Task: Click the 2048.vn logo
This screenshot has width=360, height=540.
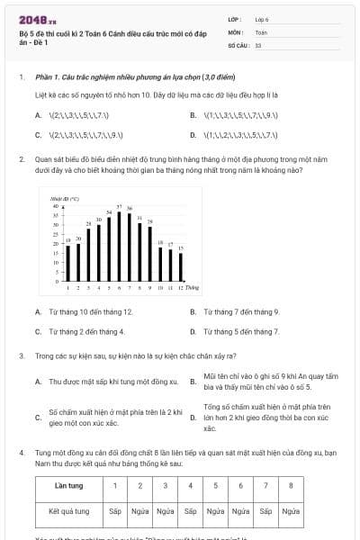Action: [x=37, y=17]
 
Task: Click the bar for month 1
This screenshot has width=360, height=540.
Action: [x=68, y=262]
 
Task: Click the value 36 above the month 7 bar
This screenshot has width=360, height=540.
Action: [x=130, y=208]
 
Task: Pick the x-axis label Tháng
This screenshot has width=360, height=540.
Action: [x=193, y=287]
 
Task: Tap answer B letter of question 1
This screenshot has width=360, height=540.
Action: [x=193, y=115]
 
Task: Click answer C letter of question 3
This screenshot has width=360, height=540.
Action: [x=38, y=418]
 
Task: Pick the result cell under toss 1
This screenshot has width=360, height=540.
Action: [x=114, y=510]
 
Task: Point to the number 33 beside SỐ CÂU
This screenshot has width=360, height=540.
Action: [x=258, y=44]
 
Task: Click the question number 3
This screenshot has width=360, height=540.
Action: [x=22, y=355]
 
